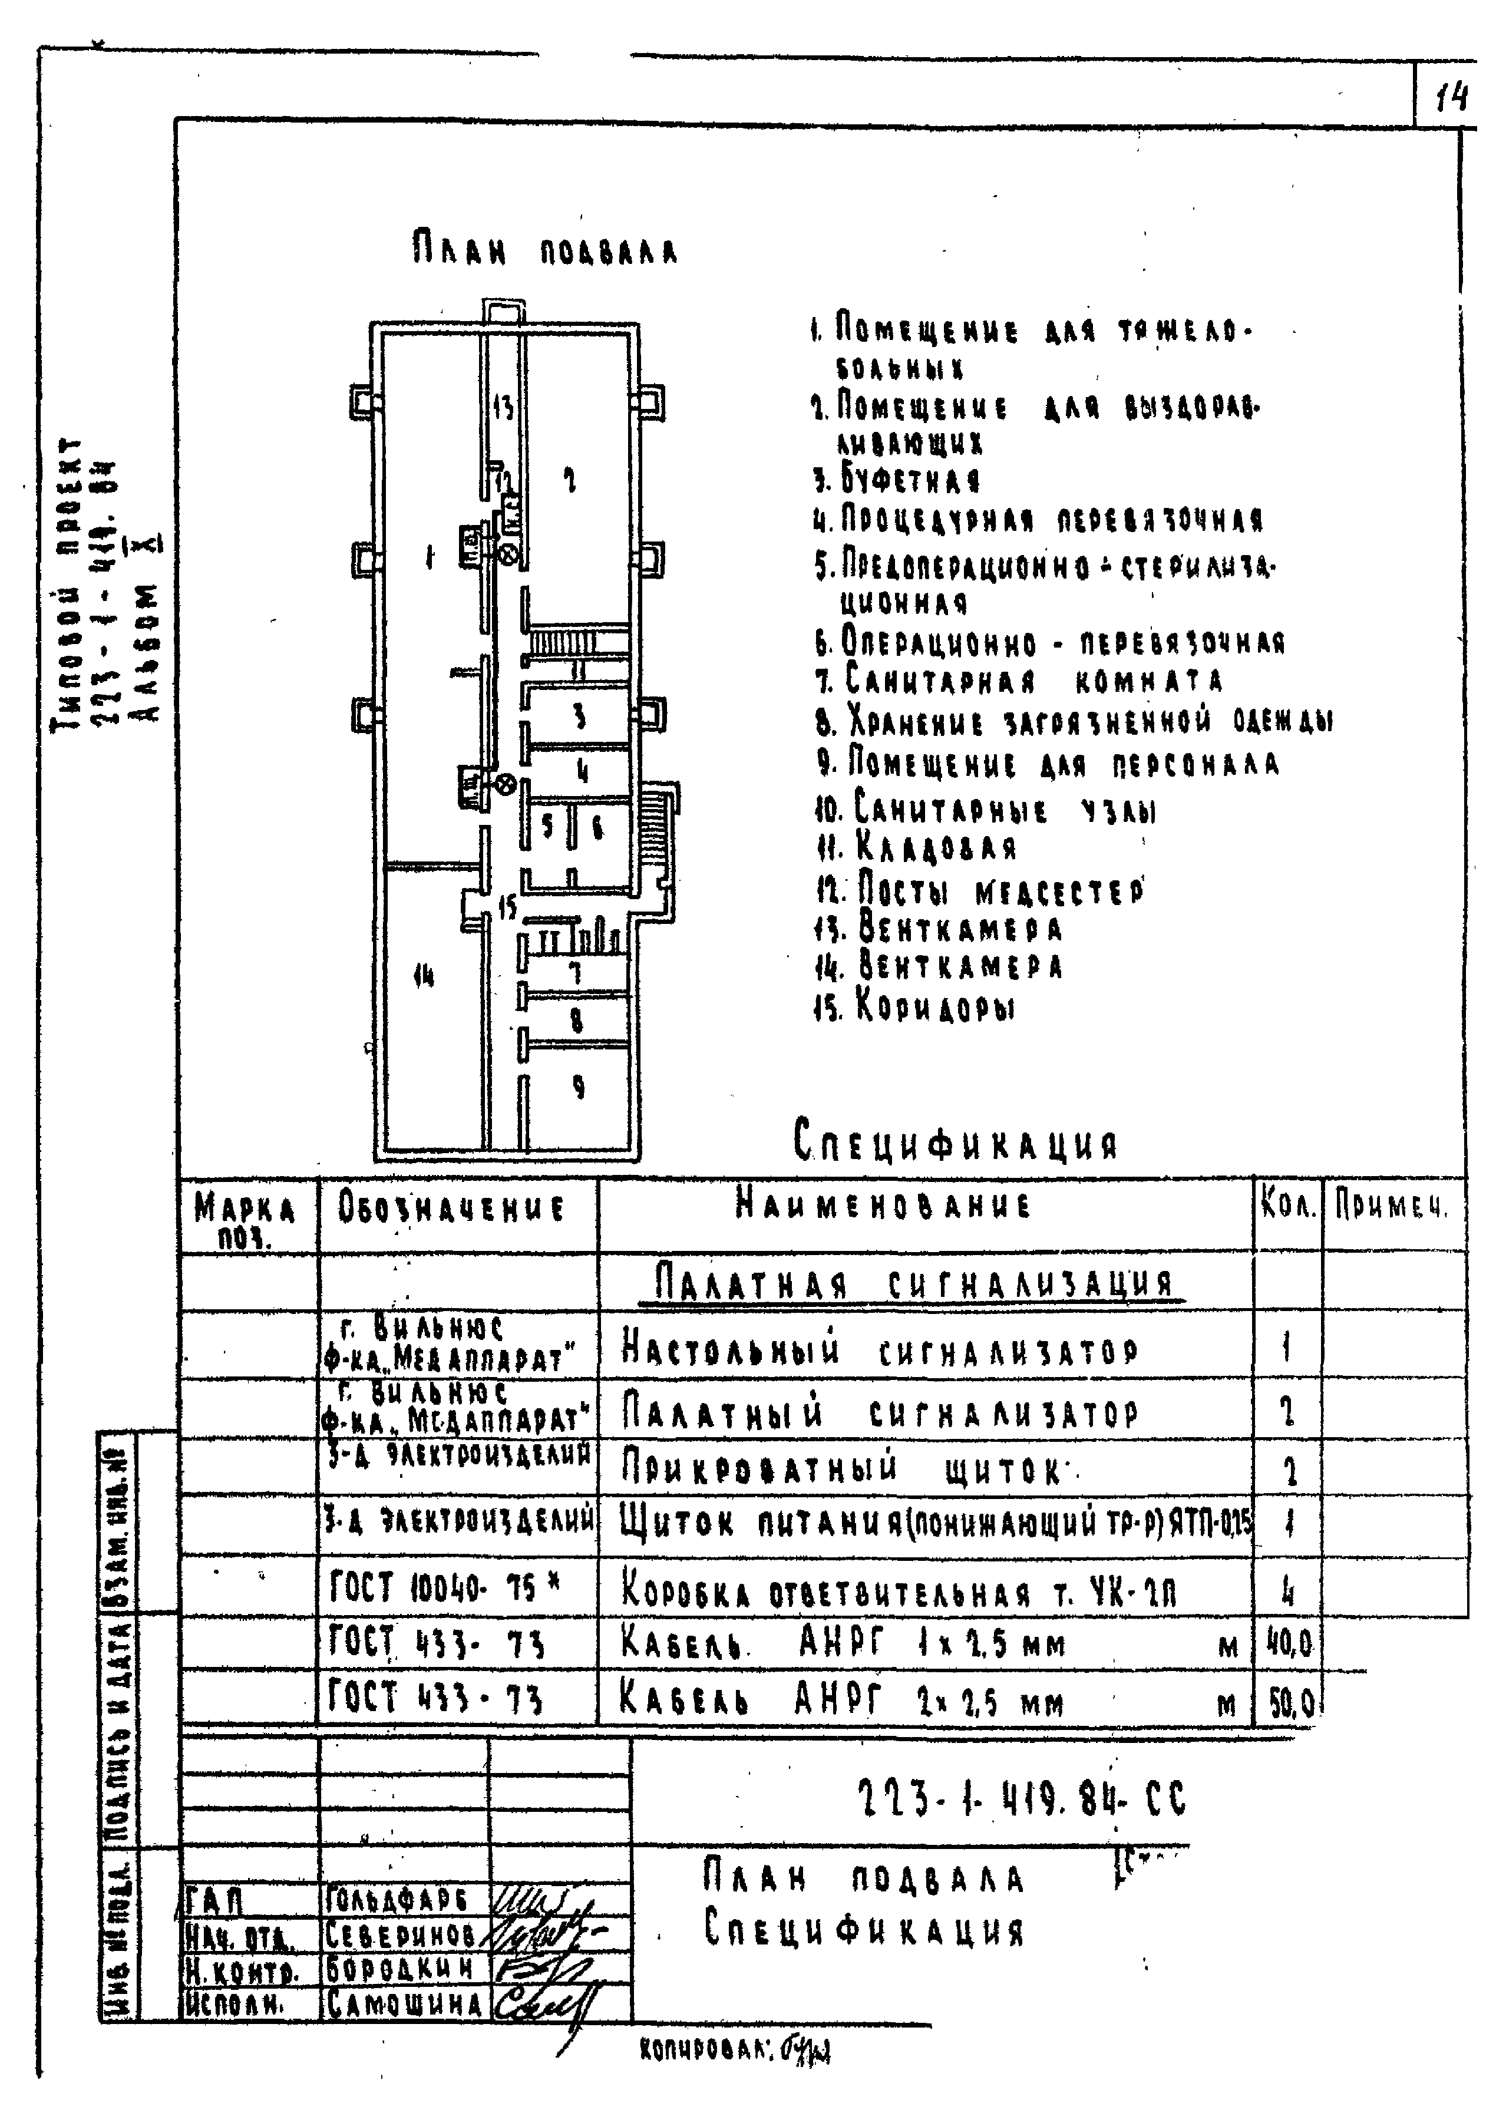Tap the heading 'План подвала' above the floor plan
pyautogui.click(x=544, y=250)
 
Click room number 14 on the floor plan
pyautogui.click(x=424, y=976)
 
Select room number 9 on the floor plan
pyautogui.click(x=578, y=1088)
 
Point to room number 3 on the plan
pyautogui.click(x=579, y=717)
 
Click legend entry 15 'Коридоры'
pyautogui.click(x=913, y=1005)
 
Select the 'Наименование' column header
pyautogui.click(x=883, y=1206)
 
